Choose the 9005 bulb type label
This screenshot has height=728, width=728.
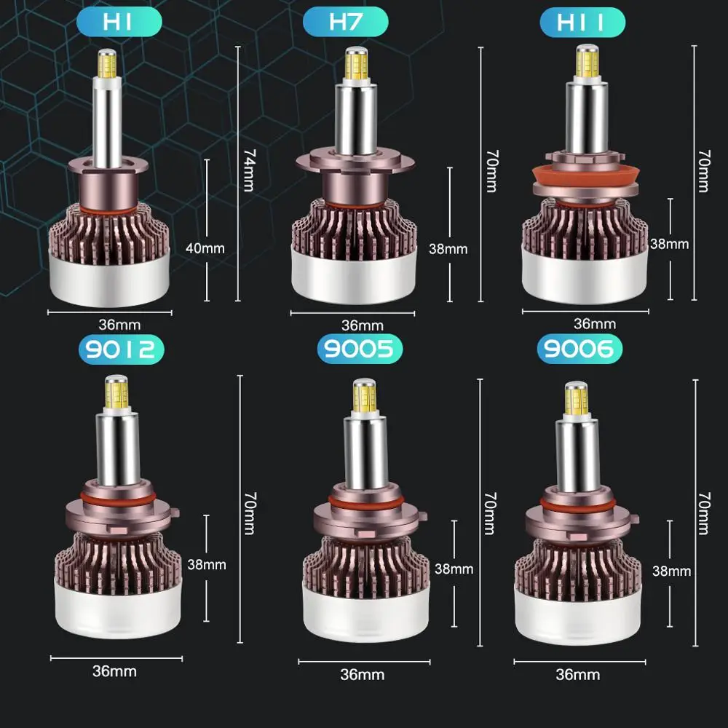pyautogui.click(x=360, y=349)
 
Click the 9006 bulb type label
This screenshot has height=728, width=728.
pyautogui.click(x=579, y=349)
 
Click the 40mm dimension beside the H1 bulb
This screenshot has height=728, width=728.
pyautogui.click(x=205, y=248)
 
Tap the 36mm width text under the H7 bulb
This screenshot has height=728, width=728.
pyautogui.click(x=362, y=325)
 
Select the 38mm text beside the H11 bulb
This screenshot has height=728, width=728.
pyautogui.click(x=670, y=244)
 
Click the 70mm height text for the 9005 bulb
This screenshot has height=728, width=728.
pyautogui.click(x=490, y=513)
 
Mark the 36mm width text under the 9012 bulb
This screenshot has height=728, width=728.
pyautogui.click(x=114, y=670)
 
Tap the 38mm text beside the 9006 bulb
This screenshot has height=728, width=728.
pyautogui.click(x=671, y=571)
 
